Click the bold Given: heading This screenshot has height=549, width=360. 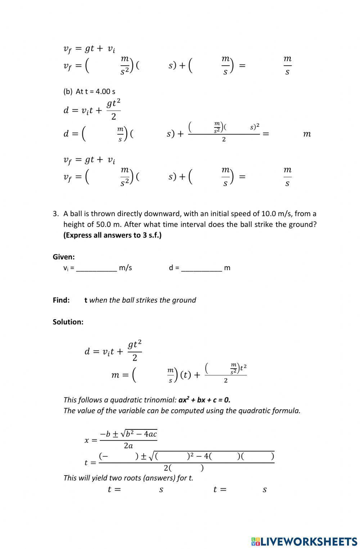coord(64,257)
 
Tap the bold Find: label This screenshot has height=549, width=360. coord(61,300)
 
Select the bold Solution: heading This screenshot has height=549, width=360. coord(68,322)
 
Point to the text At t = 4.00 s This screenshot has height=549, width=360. coord(95,91)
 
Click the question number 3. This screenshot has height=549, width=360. coord(55,214)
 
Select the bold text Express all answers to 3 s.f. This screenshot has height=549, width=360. coord(112,235)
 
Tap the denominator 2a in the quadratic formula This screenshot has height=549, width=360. coord(128,446)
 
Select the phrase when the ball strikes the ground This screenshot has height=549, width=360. coord(143,300)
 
